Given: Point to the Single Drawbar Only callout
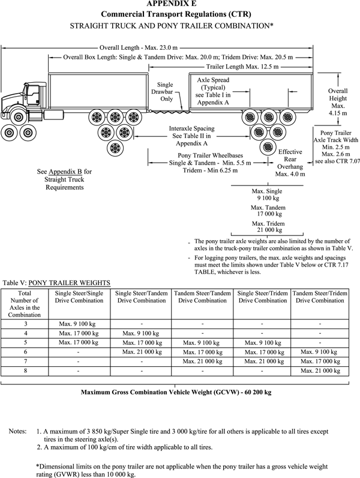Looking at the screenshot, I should click(x=165, y=92).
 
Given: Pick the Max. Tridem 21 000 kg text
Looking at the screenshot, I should click(x=266, y=226).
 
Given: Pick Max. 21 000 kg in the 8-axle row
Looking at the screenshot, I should click(x=320, y=372).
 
